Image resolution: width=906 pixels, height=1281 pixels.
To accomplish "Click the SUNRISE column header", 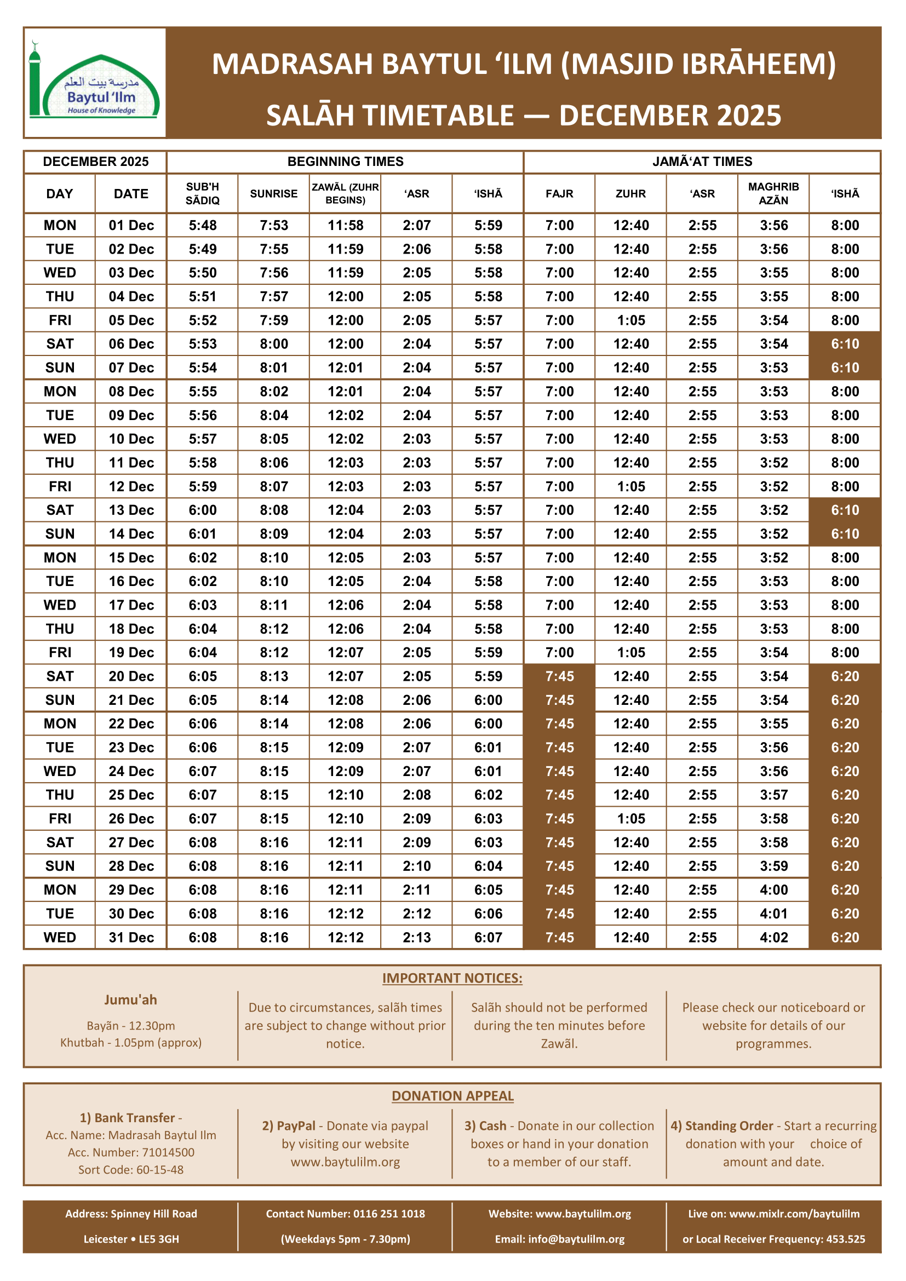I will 273,193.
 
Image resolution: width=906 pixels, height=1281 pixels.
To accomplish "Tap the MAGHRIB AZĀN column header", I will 773,193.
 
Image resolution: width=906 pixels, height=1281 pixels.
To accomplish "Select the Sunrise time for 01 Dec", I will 273,226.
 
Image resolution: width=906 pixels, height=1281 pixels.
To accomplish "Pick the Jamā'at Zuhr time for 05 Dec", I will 630,320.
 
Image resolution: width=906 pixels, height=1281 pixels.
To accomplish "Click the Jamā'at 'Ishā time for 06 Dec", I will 845,344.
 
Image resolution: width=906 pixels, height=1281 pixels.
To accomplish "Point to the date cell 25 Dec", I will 131,795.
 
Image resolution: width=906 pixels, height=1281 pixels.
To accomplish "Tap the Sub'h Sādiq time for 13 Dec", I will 203,510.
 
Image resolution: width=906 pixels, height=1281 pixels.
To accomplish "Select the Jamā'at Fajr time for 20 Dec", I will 559,676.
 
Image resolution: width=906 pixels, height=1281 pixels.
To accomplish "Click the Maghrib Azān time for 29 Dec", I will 773,890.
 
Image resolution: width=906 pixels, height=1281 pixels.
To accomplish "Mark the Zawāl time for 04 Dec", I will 345,296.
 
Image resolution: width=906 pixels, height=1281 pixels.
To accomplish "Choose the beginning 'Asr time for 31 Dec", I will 417,937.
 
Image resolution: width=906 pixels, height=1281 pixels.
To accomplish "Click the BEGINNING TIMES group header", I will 345,162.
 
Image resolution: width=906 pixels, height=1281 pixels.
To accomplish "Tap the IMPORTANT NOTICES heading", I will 452,978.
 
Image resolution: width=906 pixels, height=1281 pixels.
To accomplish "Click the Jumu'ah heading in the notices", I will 130,1000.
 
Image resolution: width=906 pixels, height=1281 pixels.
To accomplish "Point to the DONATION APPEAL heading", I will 452,1096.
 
